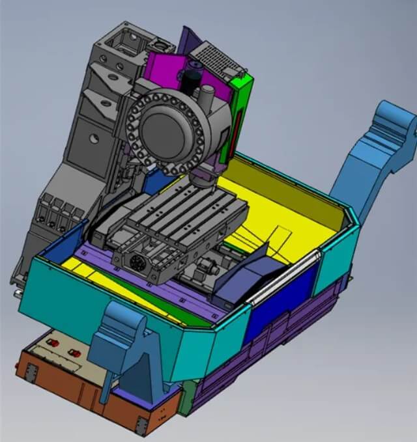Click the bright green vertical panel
241,117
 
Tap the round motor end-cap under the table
137,264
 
